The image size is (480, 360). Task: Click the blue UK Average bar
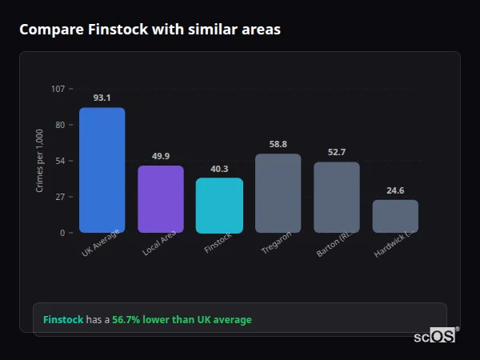pyautogui.click(x=102, y=170)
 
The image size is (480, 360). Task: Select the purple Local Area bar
pyautogui.click(x=161, y=199)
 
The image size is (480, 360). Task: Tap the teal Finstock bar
pyautogui.click(x=219, y=205)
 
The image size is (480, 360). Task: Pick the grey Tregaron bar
pyautogui.click(x=278, y=193)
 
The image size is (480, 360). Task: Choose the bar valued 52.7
pyautogui.click(x=337, y=197)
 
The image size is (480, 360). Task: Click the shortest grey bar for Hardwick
pyautogui.click(x=395, y=216)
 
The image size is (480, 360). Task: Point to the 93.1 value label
pyautogui.click(x=102, y=98)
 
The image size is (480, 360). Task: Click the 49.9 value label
pyautogui.click(x=161, y=156)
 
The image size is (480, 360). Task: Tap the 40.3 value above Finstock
pyautogui.click(x=219, y=169)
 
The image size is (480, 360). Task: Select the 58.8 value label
pyautogui.click(x=278, y=144)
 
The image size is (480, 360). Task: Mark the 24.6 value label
pyautogui.click(x=395, y=190)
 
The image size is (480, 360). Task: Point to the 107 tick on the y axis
pyautogui.click(x=58, y=89)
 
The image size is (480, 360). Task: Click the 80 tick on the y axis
pyautogui.click(x=60, y=125)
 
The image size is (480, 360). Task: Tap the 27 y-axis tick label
pyautogui.click(x=60, y=197)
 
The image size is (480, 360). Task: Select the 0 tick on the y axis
pyautogui.click(x=62, y=233)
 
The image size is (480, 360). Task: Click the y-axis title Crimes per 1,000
pyautogui.click(x=40, y=161)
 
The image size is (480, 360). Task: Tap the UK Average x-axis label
pyautogui.click(x=101, y=244)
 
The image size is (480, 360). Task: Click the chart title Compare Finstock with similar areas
pyautogui.click(x=150, y=30)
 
